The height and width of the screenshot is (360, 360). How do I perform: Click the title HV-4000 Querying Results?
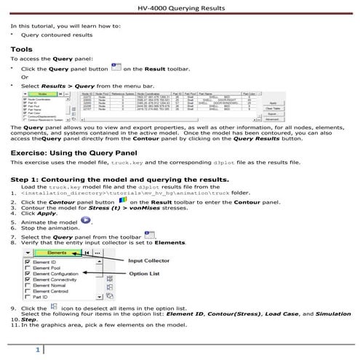179,9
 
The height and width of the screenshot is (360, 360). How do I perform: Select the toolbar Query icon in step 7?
151,236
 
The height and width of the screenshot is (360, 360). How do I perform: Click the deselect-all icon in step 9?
55,308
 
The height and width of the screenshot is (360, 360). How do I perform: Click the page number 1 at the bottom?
38,351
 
